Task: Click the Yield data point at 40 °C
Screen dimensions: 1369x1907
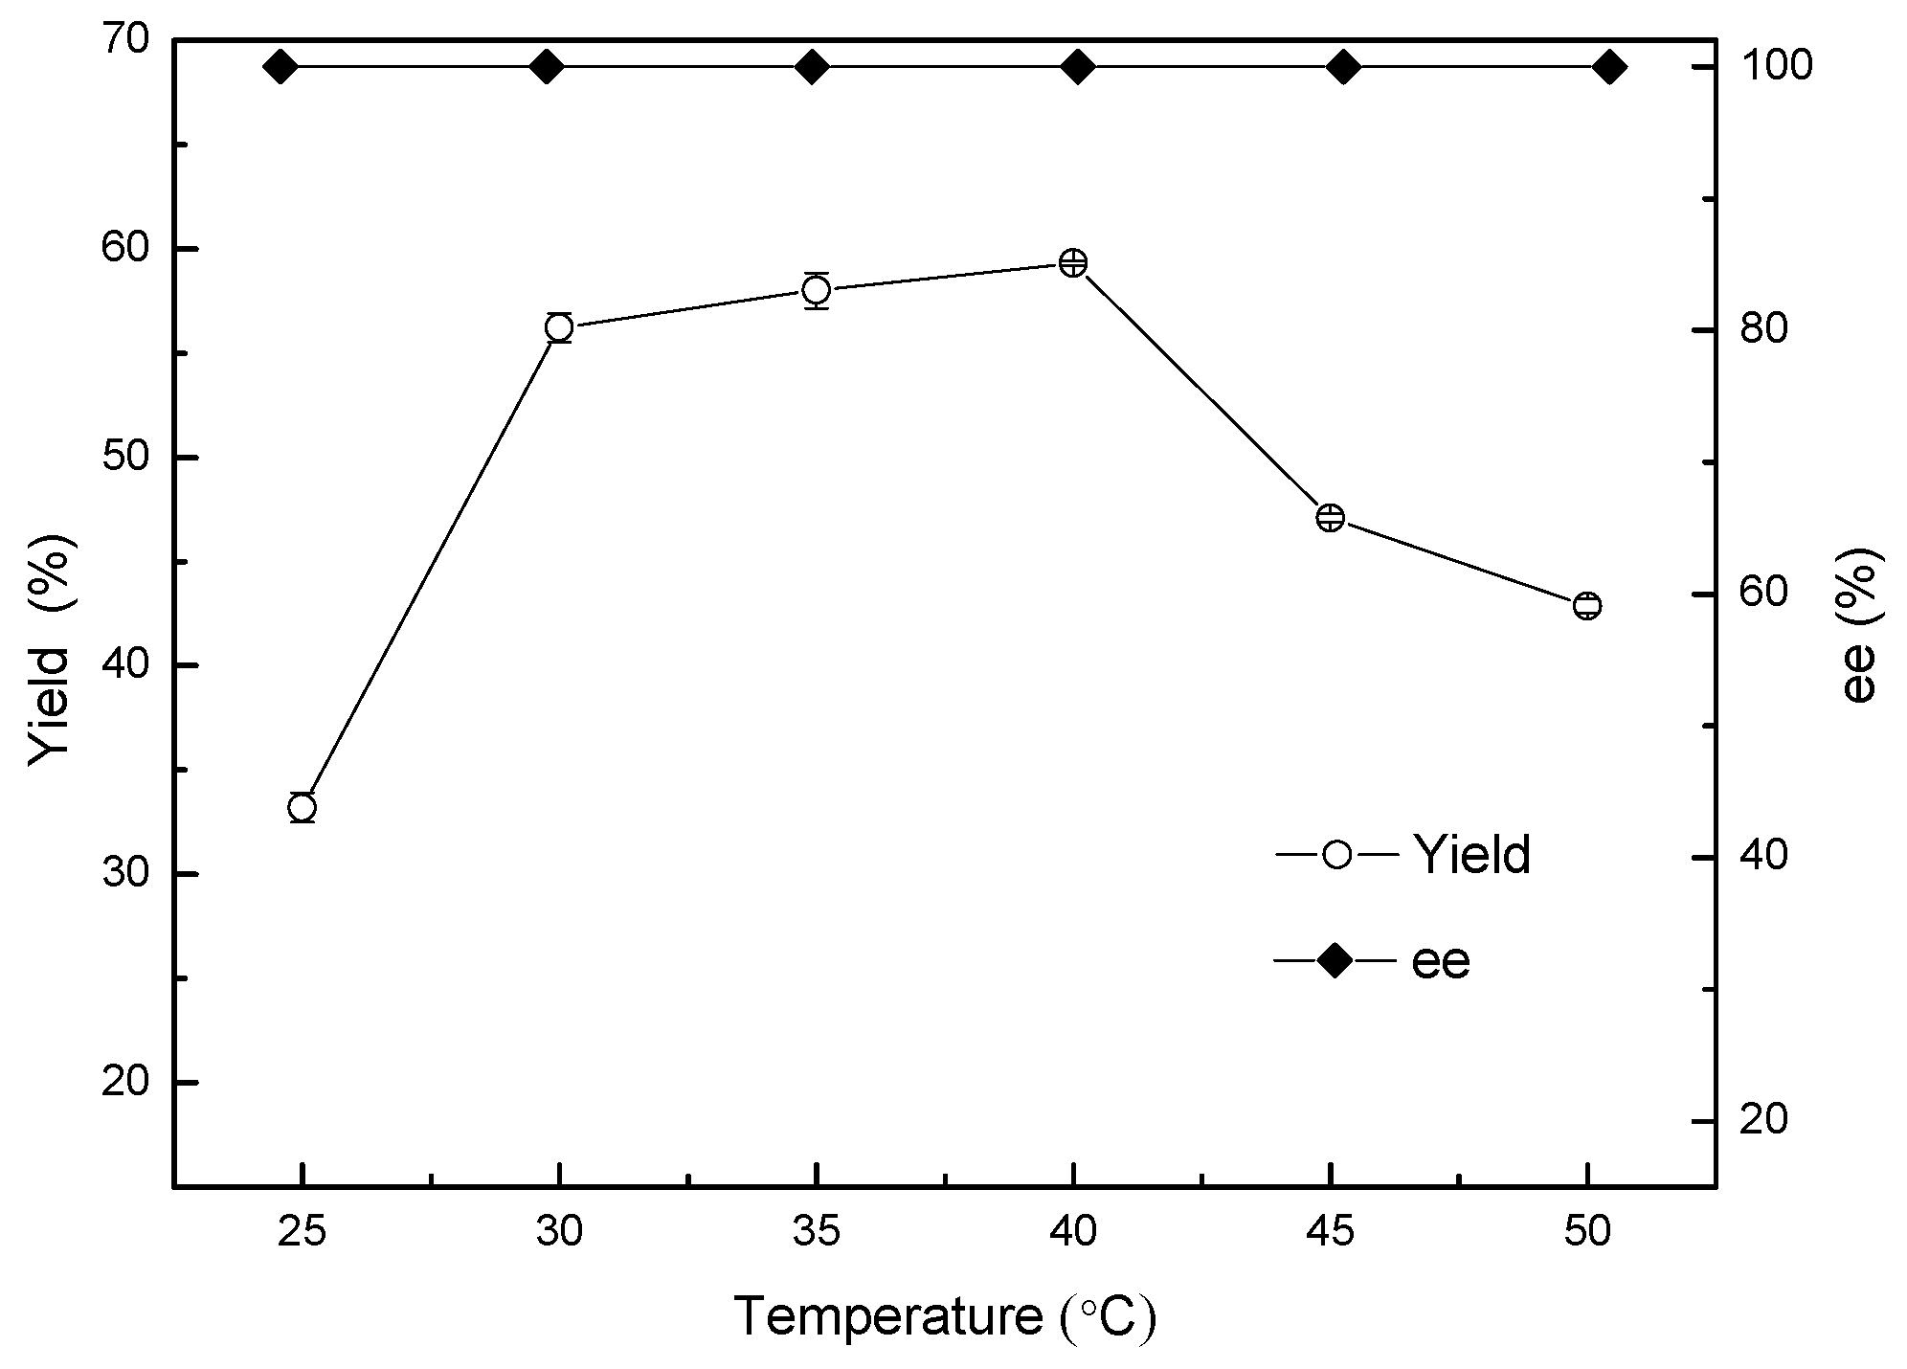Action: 1073,262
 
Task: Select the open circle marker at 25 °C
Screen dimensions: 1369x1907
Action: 302,808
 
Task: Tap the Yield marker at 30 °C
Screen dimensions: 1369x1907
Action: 559,327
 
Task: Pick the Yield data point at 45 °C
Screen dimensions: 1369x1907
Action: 1331,518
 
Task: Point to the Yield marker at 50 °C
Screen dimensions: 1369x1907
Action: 1587,605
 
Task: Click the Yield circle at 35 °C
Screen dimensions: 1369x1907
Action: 817,290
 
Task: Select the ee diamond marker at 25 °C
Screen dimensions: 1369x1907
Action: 280,67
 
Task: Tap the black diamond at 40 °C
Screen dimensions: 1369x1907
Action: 1078,67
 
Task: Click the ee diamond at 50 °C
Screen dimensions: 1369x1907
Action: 1608,67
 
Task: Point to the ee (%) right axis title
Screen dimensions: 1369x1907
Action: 1860,625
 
